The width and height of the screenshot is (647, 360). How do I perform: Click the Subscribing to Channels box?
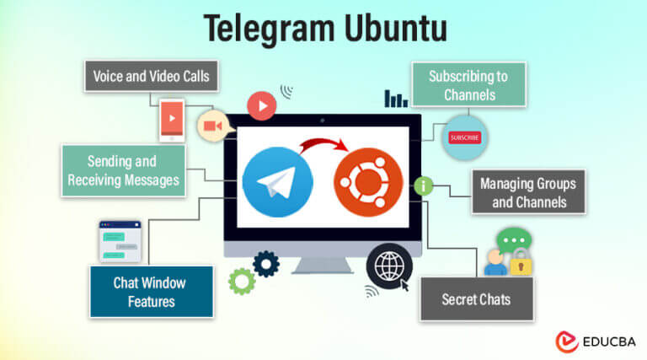tap(468, 85)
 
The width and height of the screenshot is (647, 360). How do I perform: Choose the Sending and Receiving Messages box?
tap(122, 169)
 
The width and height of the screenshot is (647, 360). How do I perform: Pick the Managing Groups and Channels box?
tap(528, 192)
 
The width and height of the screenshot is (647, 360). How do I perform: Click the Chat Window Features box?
tap(150, 291)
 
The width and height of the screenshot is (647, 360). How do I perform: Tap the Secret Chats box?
tap(476, 299)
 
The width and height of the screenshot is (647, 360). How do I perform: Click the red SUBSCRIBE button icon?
tap(464, 137)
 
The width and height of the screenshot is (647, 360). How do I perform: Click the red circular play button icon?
tap(262, 107)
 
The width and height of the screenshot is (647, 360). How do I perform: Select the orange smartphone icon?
tap(172, 118)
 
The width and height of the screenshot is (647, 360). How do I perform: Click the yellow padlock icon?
tap(521, 262)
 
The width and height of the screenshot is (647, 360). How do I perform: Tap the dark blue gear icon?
tap(266, 264)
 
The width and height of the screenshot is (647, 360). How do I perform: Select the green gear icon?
tap(242, 281)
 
